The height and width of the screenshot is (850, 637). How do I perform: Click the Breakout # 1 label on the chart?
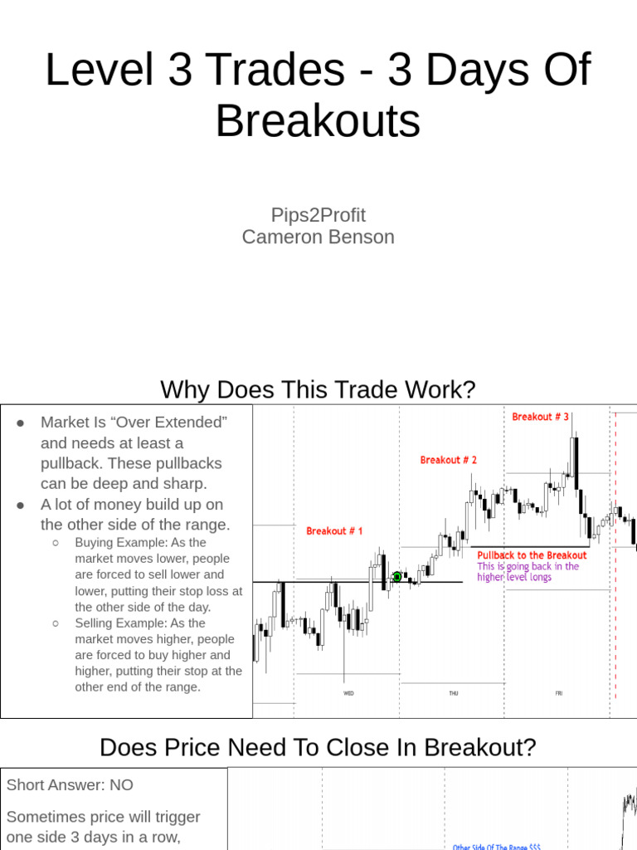point(334,531)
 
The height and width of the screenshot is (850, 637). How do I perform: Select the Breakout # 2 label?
point(449,460)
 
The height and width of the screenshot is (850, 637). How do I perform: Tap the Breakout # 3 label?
point(541,417)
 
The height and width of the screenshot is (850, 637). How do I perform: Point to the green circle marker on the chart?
point(397,577)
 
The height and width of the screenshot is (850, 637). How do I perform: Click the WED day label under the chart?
point(348,692)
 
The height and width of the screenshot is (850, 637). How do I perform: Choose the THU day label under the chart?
point(453,692)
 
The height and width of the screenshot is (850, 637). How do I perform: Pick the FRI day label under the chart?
point(558,692)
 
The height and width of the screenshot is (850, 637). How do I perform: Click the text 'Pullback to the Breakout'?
point(532,555)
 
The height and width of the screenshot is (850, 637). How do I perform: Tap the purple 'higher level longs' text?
point(514,577)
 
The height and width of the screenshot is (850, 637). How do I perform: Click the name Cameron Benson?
point(318,237)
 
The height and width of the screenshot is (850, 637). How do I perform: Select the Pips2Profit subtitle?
point(318,215)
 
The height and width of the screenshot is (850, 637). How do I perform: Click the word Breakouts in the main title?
point(318,121)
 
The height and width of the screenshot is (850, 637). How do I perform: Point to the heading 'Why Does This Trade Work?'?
point(318,389)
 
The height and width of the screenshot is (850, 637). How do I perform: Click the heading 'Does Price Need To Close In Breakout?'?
point(318,748)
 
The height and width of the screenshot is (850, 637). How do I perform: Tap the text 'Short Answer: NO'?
point(70,785)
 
